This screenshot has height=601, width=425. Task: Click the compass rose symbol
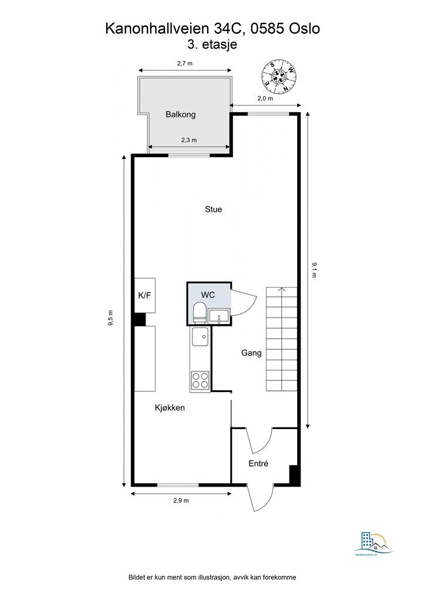[279, 76]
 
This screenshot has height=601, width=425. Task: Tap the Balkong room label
[180, 114]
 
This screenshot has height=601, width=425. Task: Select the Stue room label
[213, 209]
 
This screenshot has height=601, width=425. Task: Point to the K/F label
[144, 295]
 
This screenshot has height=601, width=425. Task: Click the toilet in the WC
[200, 312]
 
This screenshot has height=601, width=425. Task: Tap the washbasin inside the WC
[220, 316]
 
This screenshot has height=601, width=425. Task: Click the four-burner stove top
[200, 380]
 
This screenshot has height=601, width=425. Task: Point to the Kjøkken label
[170, 407]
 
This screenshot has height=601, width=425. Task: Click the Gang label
[251, 353]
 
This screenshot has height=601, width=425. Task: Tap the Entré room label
[258, 464]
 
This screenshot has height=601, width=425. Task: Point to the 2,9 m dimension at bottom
[181, 501]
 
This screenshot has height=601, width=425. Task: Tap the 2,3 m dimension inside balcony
[188, 140]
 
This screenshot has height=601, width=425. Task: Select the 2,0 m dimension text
[265, 99]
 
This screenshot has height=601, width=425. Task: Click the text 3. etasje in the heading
[212, 44]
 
